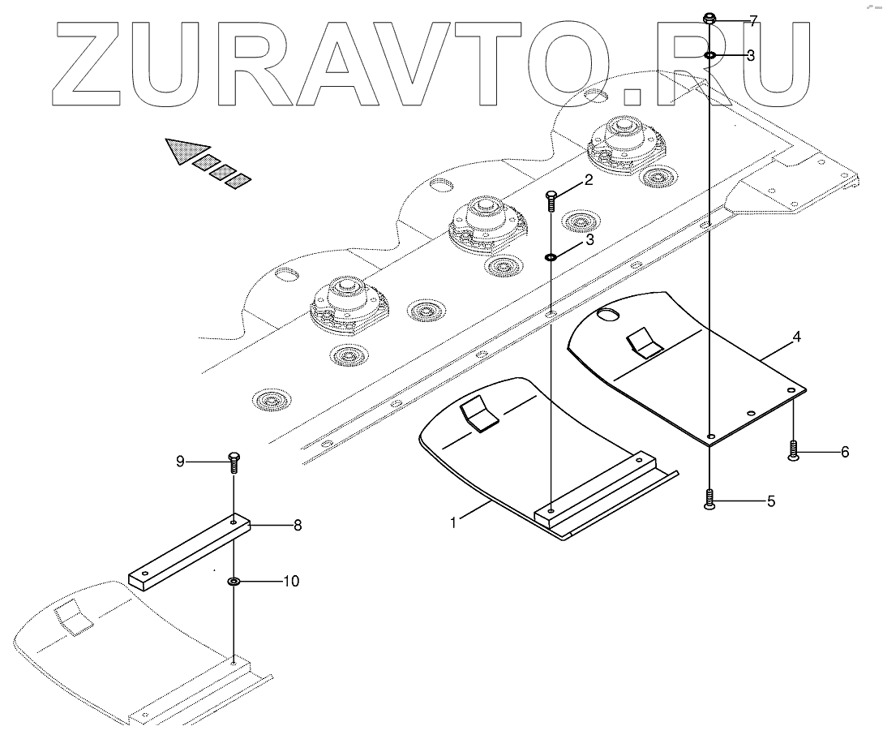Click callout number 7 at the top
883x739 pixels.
(x=753, y=22)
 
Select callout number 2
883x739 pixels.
(x=589, y=180)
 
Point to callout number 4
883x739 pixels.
(x=797, y=337)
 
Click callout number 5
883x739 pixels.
(x=770, y=501)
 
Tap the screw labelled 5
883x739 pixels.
(x=709, y=500)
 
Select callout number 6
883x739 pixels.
(x=844, y=452)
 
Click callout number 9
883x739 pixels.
(x=180, y=462)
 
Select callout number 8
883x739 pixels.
(x=298, y=525)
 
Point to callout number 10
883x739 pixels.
(x=290, y=581)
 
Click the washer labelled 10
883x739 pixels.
(x=234, y=582)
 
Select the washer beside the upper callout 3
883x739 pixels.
(x=709, y=55)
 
